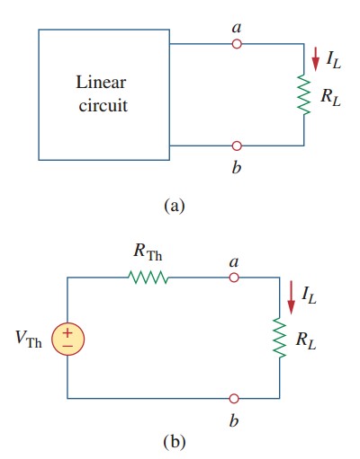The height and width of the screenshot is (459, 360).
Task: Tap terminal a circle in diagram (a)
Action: click(x=237, y=43)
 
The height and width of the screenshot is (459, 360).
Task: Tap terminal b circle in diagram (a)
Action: click(x=237, y=145)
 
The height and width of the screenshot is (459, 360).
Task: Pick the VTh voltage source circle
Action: click(x=67, y=338)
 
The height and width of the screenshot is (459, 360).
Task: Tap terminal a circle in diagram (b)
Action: click(x=234, y=278)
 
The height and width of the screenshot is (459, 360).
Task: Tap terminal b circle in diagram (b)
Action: click(x=234, y=396)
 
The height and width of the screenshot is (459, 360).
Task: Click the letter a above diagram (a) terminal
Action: click(x=237, y=28)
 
